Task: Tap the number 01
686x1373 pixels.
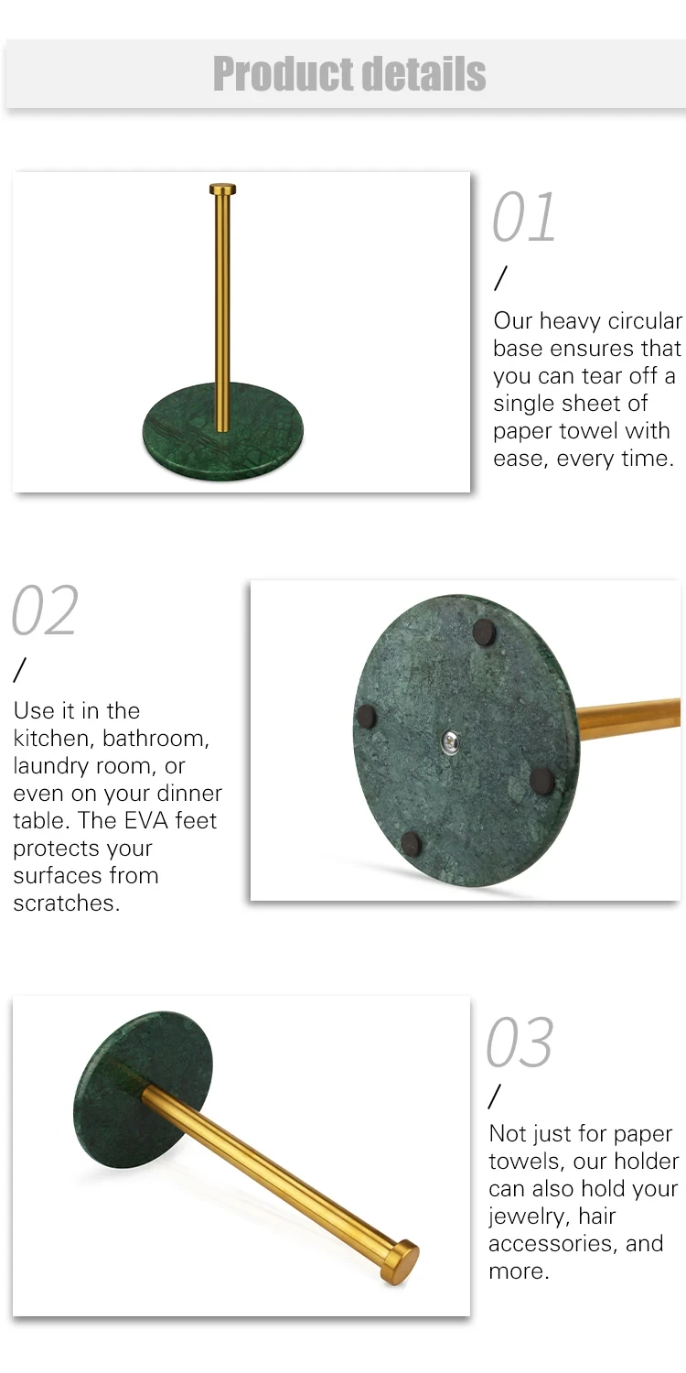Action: [524, 217]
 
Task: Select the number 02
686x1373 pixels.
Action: [46, 610]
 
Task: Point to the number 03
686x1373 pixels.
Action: [520, 1042]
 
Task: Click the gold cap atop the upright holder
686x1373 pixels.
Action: [223, 189]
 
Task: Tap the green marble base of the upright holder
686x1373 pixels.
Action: [223, 431]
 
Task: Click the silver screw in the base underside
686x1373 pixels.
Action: [451, 741]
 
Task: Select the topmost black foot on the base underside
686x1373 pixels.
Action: [485, 632]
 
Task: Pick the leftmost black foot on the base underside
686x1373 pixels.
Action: [366, 716]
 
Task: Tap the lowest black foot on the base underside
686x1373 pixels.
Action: [411, 844]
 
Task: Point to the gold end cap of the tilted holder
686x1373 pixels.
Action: [402, 1262]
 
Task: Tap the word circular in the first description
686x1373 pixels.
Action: [645, 320]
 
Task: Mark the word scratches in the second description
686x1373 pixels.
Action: [67, 903]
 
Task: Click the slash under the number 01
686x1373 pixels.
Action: [501, 278]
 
